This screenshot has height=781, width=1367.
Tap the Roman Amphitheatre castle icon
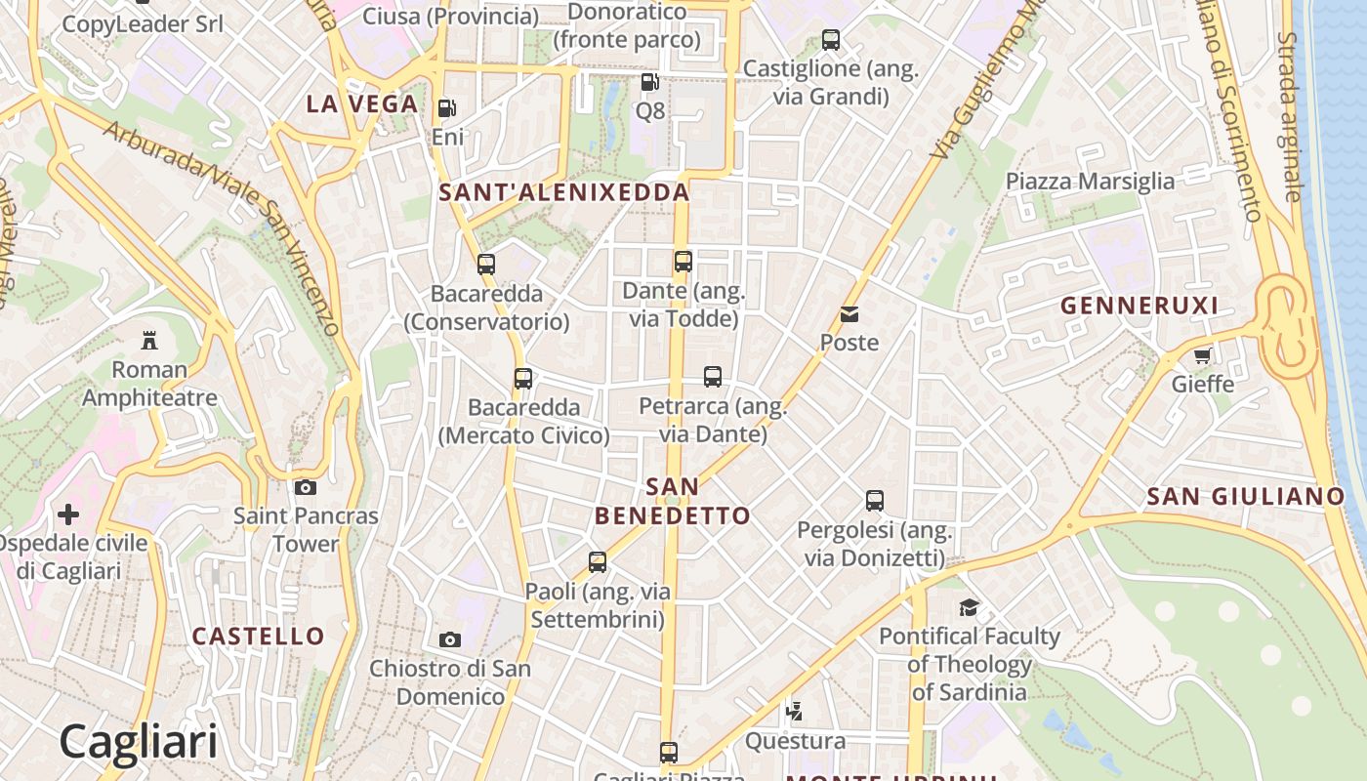[149, 341]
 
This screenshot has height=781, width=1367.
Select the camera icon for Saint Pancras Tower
[306, 487]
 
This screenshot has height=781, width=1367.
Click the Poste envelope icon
[849, 314]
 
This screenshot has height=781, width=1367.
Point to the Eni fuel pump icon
[446, 108]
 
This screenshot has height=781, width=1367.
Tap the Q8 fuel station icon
[649, 82]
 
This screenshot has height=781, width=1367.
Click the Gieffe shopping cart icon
[1203, 355]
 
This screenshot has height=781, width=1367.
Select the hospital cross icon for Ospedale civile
[68, 514]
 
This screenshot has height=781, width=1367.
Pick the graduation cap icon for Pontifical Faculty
[969, 607]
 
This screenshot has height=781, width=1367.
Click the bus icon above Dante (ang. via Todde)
[683, 262]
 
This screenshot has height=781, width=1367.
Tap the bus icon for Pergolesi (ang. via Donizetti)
[875, 501]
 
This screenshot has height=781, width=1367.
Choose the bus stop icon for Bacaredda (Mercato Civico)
[523, 379]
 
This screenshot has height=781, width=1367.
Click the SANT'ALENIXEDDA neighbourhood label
[564, 192]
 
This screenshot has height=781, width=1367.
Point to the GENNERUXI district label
[1139, 306]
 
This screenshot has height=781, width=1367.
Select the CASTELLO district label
[258, 637]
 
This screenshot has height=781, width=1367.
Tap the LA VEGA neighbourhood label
[362, 103]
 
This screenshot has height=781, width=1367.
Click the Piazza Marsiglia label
[1090, 181]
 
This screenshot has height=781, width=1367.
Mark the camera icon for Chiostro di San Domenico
[450, 639]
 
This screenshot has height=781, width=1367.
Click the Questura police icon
[795, 711]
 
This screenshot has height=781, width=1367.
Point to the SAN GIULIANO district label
[1246, 496]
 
